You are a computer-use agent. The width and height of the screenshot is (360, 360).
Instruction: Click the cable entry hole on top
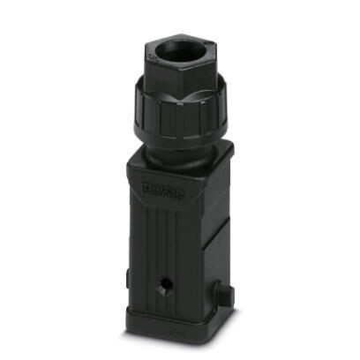coord(184,52)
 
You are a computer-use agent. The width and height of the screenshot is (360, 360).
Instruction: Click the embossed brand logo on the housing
coord(161,189)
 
